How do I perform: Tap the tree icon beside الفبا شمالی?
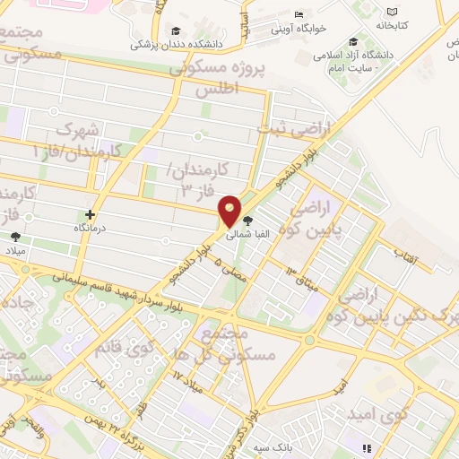248,220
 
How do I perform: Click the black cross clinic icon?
90,214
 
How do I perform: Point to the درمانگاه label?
90,229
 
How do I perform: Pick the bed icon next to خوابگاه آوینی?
299,14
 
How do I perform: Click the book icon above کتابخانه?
391,12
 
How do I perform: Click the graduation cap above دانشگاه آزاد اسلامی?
354,41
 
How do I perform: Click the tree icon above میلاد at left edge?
15,238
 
